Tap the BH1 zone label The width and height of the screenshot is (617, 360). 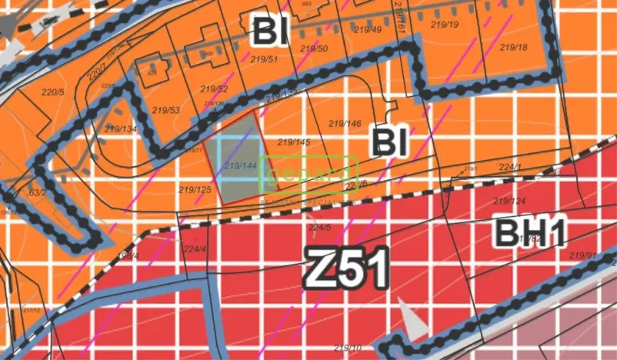point(530,232)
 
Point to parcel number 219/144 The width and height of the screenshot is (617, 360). point(239,165)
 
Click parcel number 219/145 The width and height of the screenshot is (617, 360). point(293,142)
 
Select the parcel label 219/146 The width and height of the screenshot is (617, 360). point(345,124)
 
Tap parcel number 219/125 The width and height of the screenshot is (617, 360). point(195,189)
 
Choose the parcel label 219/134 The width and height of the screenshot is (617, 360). point(121,128)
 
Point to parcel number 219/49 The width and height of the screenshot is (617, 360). point(367,29)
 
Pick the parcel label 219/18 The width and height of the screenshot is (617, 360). point(513,48)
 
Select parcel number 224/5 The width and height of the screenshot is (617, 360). point(319,228)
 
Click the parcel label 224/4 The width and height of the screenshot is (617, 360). point(195,248)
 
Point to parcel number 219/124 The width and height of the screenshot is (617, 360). point(509,202)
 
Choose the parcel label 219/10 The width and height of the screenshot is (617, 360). point(348,348)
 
